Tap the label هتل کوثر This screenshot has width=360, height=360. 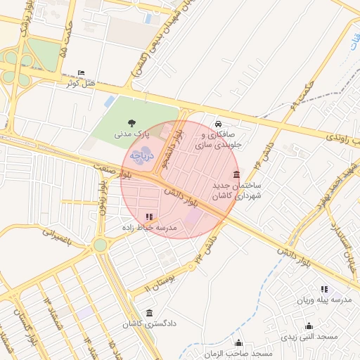tap(79, 84)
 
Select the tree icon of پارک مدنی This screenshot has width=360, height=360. tap(133, 122)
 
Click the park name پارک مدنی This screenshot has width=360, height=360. tap(133, 133)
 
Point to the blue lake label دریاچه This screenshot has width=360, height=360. tap(142, 155)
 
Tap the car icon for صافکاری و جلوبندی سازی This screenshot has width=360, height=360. tap(218, 122)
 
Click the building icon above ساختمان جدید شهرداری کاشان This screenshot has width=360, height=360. tap(236, 175)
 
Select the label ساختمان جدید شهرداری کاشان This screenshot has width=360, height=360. tap(237, 191)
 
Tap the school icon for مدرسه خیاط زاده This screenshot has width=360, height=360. tap(148, 217)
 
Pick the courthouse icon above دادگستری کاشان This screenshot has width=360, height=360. tap(148, 313)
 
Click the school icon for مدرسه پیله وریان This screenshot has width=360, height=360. tap(324, 289)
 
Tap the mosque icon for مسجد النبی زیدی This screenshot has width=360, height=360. tap(309, 326)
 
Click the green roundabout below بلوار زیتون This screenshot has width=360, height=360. tap(100, 245)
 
